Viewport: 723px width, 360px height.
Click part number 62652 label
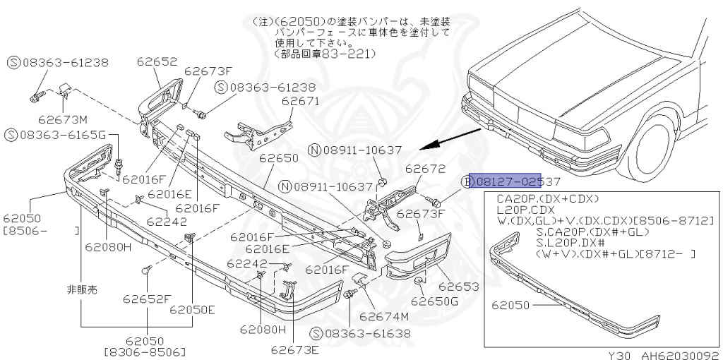click(157, 61)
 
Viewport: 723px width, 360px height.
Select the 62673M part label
click(63, 119)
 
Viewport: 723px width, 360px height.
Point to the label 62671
click(301, 101)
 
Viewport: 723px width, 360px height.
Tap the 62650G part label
click(435, 301)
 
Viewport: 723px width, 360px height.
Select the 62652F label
click(148, 299)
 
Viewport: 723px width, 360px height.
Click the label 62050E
click(192, 309)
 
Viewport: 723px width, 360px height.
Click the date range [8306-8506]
click(145, 352)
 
